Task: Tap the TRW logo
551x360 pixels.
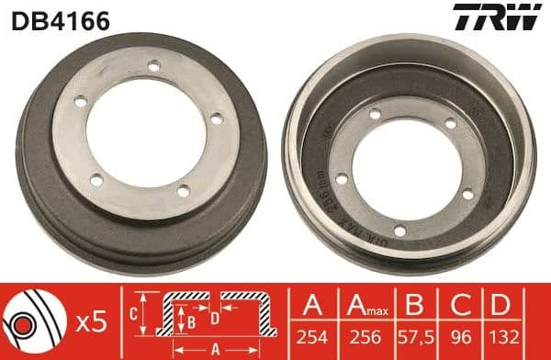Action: click(x=509, y=17)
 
